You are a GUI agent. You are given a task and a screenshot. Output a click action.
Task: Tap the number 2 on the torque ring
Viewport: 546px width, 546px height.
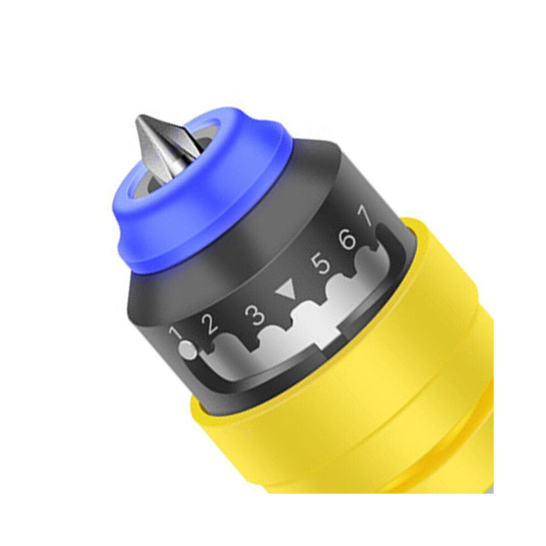[210, 324]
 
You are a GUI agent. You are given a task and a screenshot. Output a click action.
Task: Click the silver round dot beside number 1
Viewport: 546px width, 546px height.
[188, 349]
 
